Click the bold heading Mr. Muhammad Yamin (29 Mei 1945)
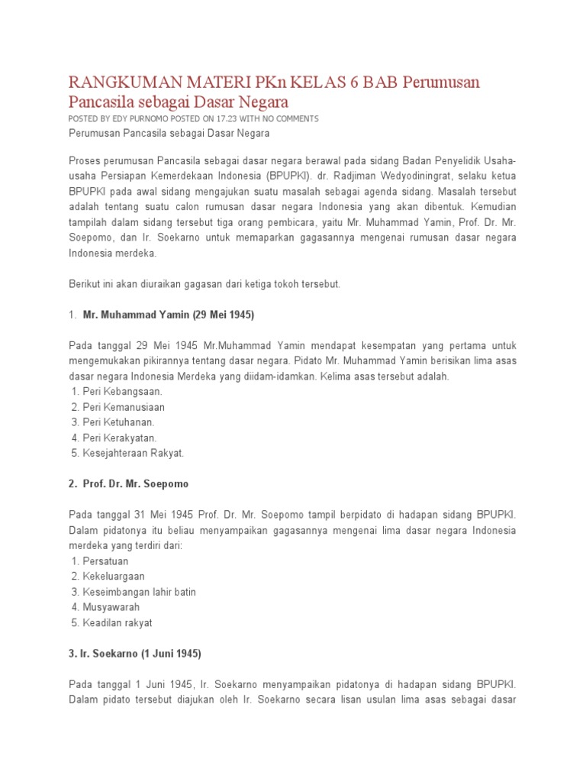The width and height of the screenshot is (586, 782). pos(169,315)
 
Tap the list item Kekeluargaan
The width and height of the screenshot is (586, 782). pos(114,576)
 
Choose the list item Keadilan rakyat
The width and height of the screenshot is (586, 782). pos(118,622)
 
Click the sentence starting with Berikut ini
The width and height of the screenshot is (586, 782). pos(204,284)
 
